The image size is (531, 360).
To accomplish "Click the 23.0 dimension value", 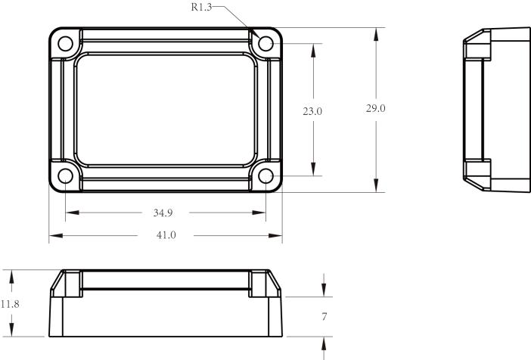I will click(x=313, y=111).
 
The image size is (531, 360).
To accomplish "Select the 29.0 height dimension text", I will click(x=376, y=109).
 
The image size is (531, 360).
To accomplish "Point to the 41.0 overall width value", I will click(x=166, y=235).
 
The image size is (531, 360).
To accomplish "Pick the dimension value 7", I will click(x=324, y=317).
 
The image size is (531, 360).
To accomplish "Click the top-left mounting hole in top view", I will click(x=66, y=43).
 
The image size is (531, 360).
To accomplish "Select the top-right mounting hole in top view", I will click(x=265, y=43).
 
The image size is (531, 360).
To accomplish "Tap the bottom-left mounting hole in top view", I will click(x=66, y=176).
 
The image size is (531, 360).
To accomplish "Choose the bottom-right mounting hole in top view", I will click(x=265, y=176).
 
